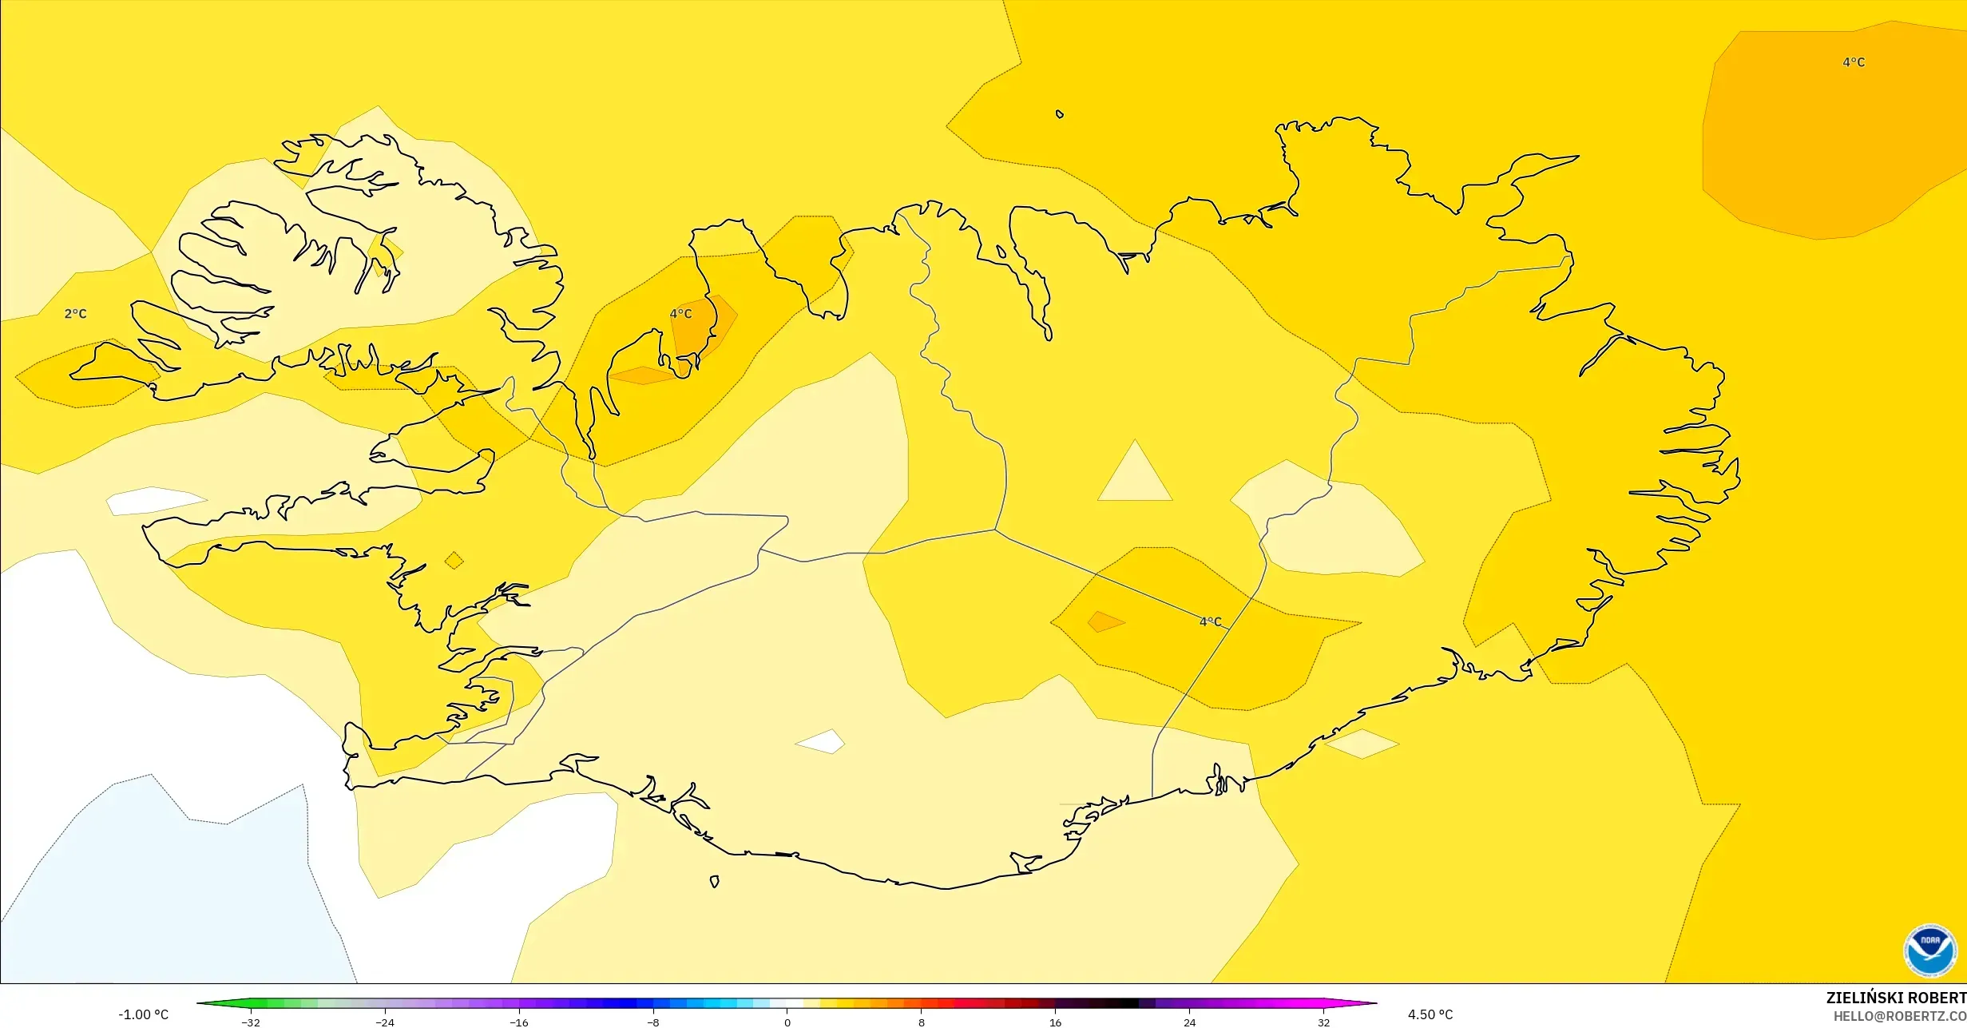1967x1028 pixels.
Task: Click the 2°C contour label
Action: [75, 314]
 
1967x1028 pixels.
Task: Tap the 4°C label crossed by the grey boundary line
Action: [1210, 621]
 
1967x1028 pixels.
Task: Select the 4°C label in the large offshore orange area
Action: [1853, 62]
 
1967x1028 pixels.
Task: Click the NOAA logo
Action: [1929, 951]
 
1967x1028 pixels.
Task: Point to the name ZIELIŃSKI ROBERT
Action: [1895, 998]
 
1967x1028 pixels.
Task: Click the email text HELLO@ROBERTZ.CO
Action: [1899, 1016]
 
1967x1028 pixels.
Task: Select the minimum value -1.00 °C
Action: [144, 1014]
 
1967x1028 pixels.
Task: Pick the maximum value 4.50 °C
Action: [1430, 1014]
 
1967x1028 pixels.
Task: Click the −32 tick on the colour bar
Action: [251, 1022]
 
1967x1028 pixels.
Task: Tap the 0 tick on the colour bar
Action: [787, 1022]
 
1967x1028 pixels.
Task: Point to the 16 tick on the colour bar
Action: [1056, 1022]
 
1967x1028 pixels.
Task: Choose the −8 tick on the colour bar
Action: [653, 1022]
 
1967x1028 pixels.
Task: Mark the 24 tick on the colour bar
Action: [1190, 1022]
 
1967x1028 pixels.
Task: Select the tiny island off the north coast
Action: [1060, 114]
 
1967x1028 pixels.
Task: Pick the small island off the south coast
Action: [714, 882]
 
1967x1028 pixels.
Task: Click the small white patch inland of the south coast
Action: [821, 741]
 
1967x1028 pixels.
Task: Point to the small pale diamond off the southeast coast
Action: [1362, 744]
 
